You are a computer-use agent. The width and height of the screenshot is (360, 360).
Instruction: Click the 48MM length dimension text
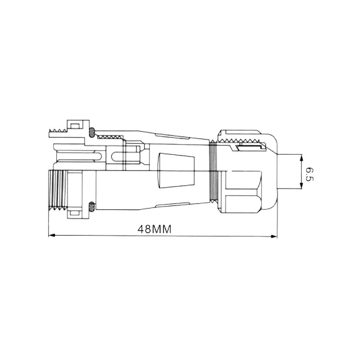(154, 229)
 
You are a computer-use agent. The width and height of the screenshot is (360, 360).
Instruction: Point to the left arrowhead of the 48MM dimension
(52, 235)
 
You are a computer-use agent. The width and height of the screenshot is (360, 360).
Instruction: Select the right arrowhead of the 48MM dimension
(274, 236)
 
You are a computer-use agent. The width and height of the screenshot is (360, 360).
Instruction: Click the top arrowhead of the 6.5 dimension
(301, 158)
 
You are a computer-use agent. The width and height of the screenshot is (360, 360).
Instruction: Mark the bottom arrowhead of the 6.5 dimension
(301, 185)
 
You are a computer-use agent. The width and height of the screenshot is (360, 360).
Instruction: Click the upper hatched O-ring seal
(92, 132)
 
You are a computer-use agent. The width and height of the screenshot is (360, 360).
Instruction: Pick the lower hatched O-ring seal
(92, 207)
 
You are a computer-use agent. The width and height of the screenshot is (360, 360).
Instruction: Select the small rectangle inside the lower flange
(75, 213)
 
